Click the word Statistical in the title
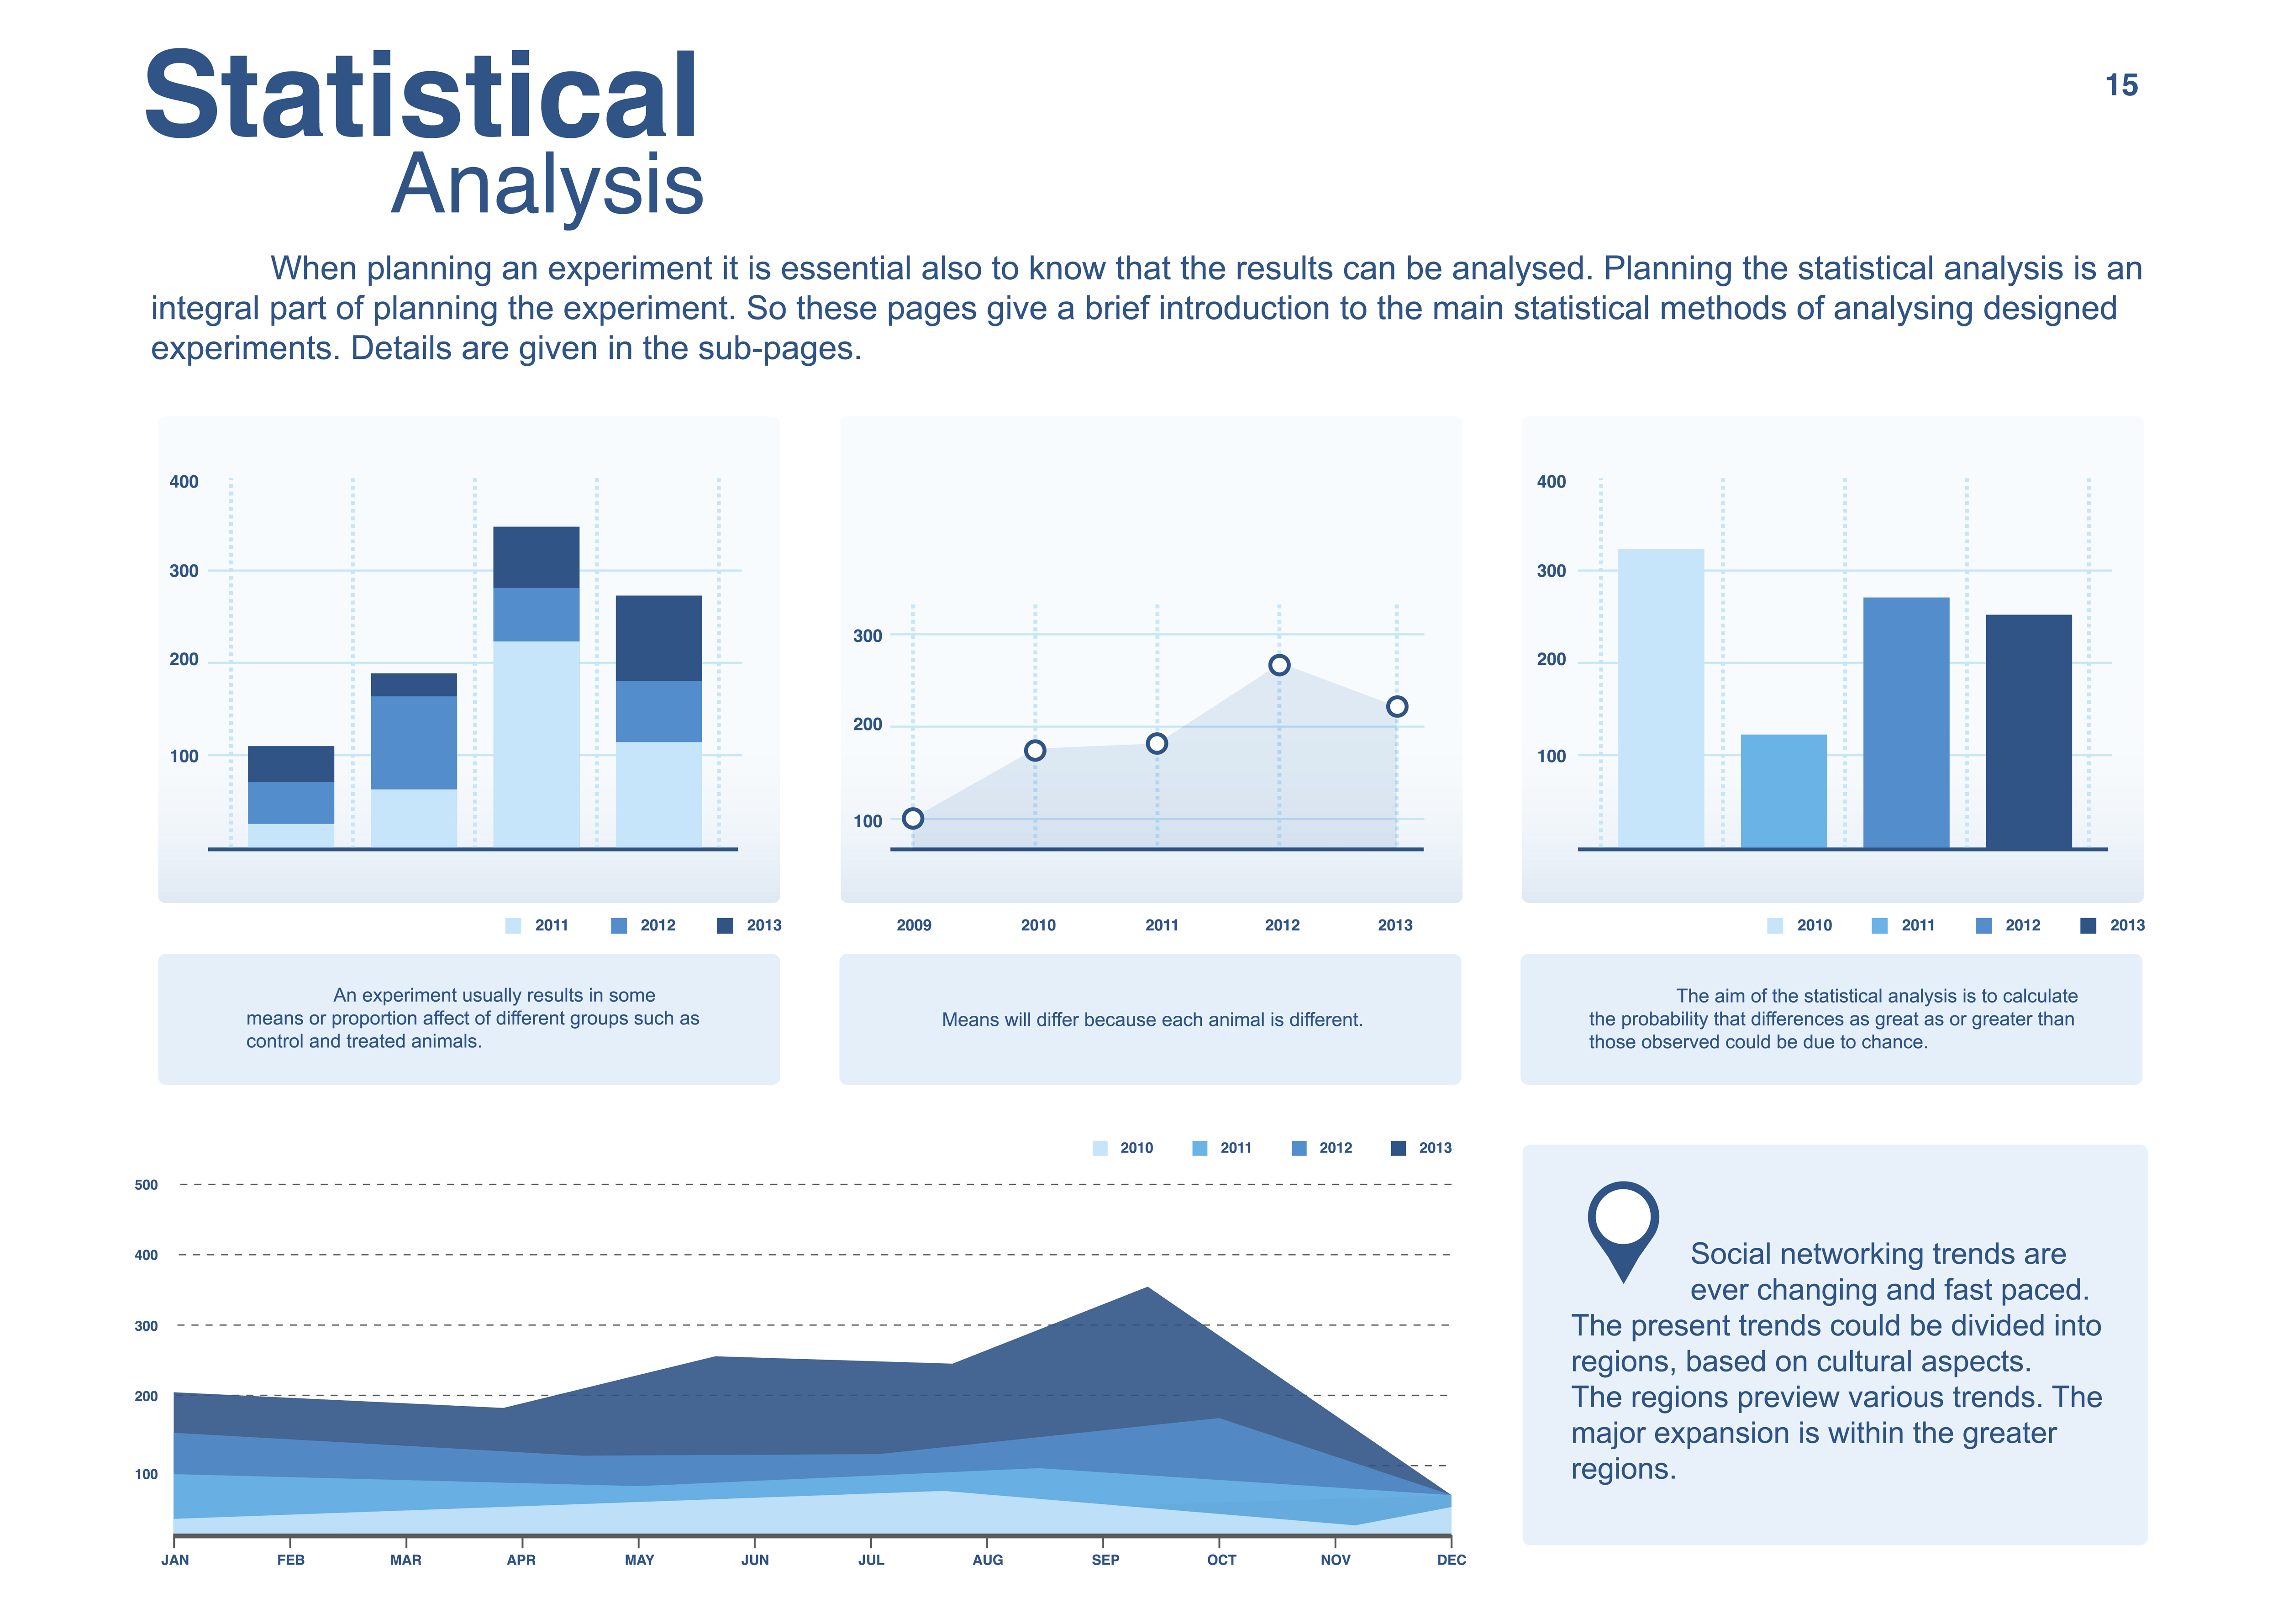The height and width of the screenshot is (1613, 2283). click(x=421, y=96)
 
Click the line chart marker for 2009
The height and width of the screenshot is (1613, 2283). click(x=913, y=819)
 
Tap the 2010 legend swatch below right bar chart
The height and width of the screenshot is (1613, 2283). click(x=1775, y=926)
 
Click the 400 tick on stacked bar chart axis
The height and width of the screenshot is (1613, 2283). click(x=184, y=482)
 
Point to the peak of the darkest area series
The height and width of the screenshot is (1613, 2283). click(x=1147, y=1290)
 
